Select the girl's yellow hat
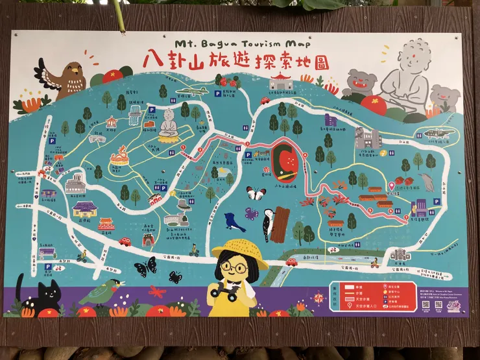coord(240,250)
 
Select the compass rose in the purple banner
coord(318,298)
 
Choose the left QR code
coord(426,304)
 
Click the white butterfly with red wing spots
coord(256,193)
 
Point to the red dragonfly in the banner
coord(157,291)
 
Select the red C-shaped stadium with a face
coord(285,163)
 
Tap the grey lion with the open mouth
coord(360,83)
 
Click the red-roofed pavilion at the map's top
coord(280,81)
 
